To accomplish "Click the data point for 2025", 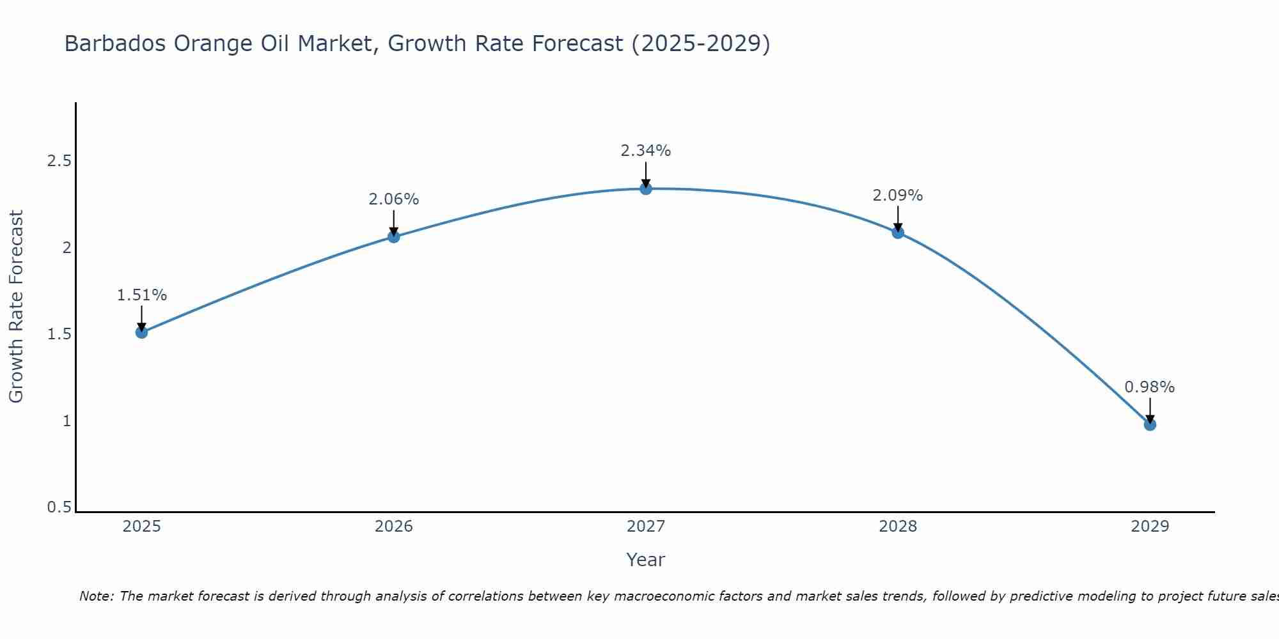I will tap(142, 332).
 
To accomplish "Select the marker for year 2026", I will tap(394, 237).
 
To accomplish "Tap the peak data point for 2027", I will tap(646, 189).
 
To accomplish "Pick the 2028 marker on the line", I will tap(898, 233).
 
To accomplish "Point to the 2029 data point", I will tap(1150, 425).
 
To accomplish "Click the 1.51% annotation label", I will tap(142, 295).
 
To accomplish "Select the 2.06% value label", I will tap(394, 199).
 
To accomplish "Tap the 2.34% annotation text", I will tap(646, 151).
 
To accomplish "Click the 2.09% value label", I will tap(898, 196).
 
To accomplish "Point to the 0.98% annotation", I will tap(1150, 387).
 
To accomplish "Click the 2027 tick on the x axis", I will tap(646, 527).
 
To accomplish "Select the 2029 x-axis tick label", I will tap(1150, 527).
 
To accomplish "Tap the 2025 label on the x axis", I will tap(142, 527).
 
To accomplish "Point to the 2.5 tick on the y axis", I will tap(59, 161).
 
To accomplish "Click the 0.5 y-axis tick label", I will tap(59, 507).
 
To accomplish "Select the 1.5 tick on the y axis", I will tap(59, 334).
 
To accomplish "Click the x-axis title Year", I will tap(646, 560).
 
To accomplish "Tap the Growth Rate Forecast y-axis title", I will tap(16, 307).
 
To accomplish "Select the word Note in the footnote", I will tap(96, 596).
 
